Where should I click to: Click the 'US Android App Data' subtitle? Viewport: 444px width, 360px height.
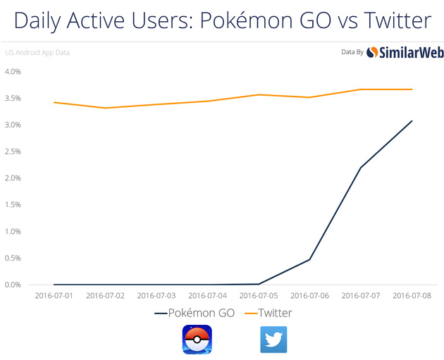pyautogui.click(x=37, y=52)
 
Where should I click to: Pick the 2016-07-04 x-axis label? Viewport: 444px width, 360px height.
pyautogui.click(x=207, y=297)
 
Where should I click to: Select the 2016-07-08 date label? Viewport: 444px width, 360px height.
pyautogui.click(x=412, y=297)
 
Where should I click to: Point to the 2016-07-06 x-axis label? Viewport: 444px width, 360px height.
pyautogui.click(x=310, y=297)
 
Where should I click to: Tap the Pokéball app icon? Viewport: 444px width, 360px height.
pyautogui.click(x=197, y=339)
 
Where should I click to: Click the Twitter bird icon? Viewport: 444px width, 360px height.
pyautogui.click(x=274, y=339)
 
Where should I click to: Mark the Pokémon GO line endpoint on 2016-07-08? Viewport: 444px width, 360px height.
pyautogui.click(x=412, y=121)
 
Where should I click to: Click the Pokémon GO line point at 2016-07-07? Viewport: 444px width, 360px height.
pyautogui.click(x=361, y=168)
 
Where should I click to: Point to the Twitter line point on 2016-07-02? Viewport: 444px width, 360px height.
pyautogui.click(x=106, y=108)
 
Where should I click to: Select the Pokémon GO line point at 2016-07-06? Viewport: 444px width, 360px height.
pyautogui.click(x=310, y=259)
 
